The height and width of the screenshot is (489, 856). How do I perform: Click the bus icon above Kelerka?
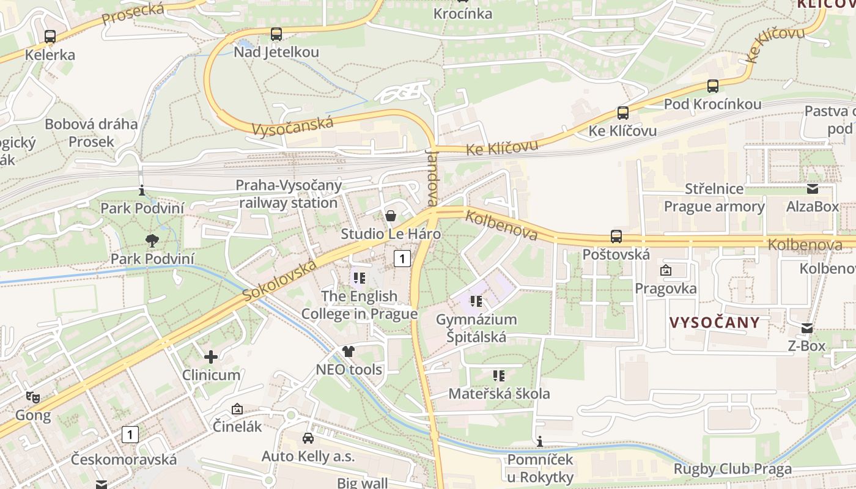(x=50, y=37)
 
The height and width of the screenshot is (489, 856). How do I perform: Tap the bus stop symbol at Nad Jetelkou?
(x=276, y=34)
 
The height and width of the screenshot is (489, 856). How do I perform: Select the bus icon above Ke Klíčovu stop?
(x=622, y=113)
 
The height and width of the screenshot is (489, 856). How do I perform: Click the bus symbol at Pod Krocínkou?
(x=713, y=86)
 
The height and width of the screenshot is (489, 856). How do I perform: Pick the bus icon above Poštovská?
(x=616, y=237)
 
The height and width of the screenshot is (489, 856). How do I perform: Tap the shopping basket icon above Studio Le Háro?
(x=390, y=216)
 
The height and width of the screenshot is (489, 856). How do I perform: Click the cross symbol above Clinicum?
(x=211, y=356)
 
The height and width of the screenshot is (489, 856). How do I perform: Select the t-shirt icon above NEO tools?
(x=349, y=351)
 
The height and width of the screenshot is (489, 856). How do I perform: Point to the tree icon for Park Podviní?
(x=152, y=241)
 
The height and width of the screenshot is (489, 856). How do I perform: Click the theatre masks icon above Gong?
(x=33, y=397)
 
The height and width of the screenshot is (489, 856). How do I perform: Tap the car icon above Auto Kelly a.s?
(x=308, y=438)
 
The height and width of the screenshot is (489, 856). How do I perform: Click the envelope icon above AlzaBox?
(x=813, y=189)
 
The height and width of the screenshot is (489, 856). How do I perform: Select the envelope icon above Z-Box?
(x=806, y=328)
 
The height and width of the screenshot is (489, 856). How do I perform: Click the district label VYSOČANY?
(x=714, y=323)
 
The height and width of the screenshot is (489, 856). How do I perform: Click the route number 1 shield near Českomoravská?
(x=130, y=435)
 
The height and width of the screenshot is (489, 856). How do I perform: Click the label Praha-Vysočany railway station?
(x=289, y=194)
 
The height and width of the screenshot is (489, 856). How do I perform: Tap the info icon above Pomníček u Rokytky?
(x=540, y=441)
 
